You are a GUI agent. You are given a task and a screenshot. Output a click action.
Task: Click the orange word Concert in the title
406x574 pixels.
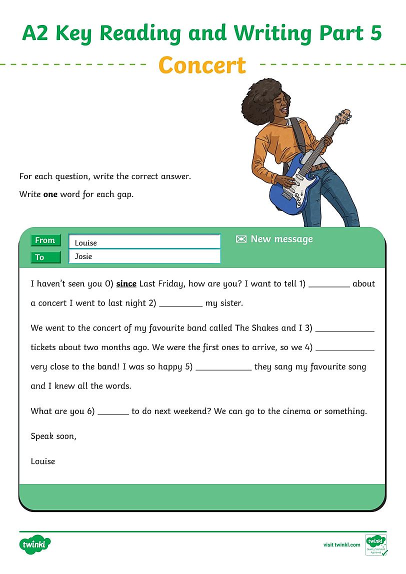point(202,65)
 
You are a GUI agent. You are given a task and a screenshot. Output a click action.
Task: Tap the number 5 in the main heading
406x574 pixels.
point(374,33)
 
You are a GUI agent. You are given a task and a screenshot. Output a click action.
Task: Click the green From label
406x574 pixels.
point(45,240)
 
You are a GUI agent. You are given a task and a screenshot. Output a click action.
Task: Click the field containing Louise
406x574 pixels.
point(144,242)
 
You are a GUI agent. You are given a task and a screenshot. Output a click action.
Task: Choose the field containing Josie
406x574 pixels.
point(144,256)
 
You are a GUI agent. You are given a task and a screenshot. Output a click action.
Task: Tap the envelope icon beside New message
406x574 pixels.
point(241,239)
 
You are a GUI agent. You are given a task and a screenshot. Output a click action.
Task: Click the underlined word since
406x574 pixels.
point(126,283)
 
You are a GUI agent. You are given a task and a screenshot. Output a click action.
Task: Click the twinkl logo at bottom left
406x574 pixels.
point(36,544)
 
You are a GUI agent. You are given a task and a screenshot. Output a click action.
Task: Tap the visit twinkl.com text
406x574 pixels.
point(341,544)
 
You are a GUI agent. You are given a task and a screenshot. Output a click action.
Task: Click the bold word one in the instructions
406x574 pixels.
point(50,194)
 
